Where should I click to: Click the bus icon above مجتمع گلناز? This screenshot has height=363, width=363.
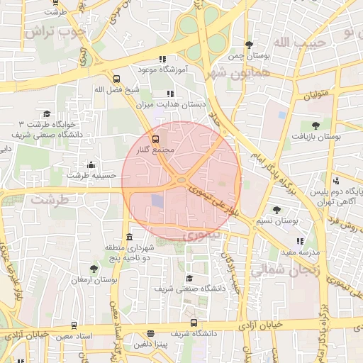[x=156, y=139]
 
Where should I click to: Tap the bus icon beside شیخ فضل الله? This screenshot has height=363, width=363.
[x=117, y=79]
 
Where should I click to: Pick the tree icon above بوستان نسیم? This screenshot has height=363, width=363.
[x=277, y=210]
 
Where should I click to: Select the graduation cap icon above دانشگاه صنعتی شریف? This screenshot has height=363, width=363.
[x=189, y=279]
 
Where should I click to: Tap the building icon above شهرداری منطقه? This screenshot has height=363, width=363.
[x=128, y=237]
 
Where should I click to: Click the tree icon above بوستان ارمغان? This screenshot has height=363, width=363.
[x=94, y=269]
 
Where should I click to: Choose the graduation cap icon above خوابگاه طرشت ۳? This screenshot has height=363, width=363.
[x=47, y=113]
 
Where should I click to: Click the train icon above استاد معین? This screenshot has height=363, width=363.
[x=73, y=325]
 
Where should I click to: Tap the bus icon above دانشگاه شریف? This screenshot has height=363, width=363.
[x=150, y=333]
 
